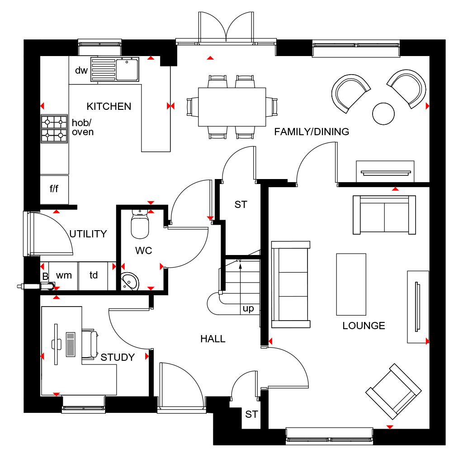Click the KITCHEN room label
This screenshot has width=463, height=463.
click(109, 106)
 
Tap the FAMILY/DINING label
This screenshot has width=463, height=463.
click(312, 132)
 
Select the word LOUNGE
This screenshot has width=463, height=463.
click(364, 326)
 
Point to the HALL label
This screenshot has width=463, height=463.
click(213, 339)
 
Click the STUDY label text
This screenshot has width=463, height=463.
click(118, 357)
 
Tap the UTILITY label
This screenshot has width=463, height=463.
click(88, 234)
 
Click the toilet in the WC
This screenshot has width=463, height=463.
click(140, 224)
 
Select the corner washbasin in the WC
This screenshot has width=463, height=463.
click(130, 281)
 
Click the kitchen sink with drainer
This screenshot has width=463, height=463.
click(114, 69)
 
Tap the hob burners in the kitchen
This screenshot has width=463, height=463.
click(54, 129)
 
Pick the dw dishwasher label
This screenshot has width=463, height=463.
click(81, 71)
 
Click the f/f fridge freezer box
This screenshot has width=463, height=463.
click(54, 189)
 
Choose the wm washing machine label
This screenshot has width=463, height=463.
click(64, 275)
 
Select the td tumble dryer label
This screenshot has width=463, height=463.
click(94, 275)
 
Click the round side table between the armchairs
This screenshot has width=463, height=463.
click(383, 113)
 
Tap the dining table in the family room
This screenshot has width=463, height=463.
click(232, 107)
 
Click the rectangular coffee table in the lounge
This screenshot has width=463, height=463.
click(351, 284)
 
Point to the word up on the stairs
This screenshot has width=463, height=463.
click(248, 309)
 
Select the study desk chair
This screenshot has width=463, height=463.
click(90, 344)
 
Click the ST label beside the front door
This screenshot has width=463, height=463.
click(251, 415)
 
